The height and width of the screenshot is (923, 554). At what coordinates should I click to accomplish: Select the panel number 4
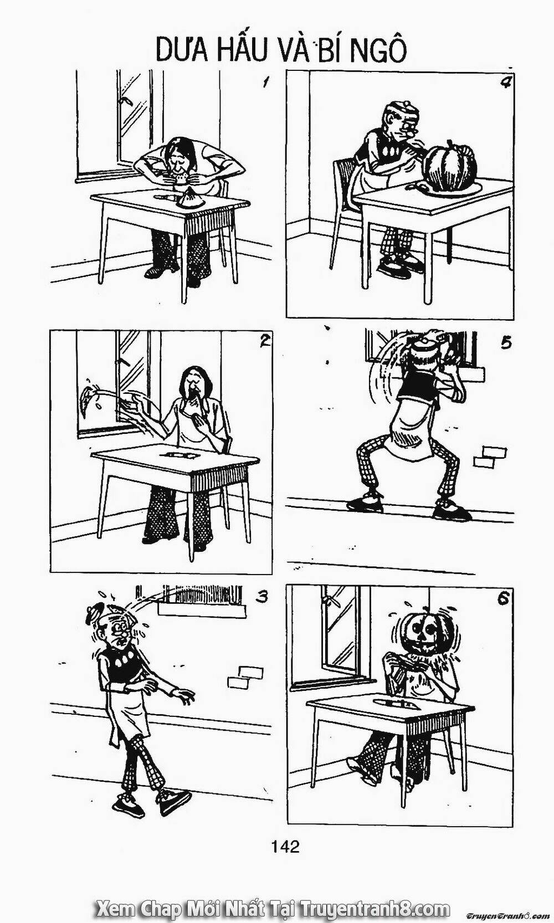504,83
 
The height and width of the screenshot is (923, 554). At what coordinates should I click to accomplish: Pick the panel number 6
503,599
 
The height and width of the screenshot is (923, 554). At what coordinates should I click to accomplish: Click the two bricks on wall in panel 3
244,676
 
